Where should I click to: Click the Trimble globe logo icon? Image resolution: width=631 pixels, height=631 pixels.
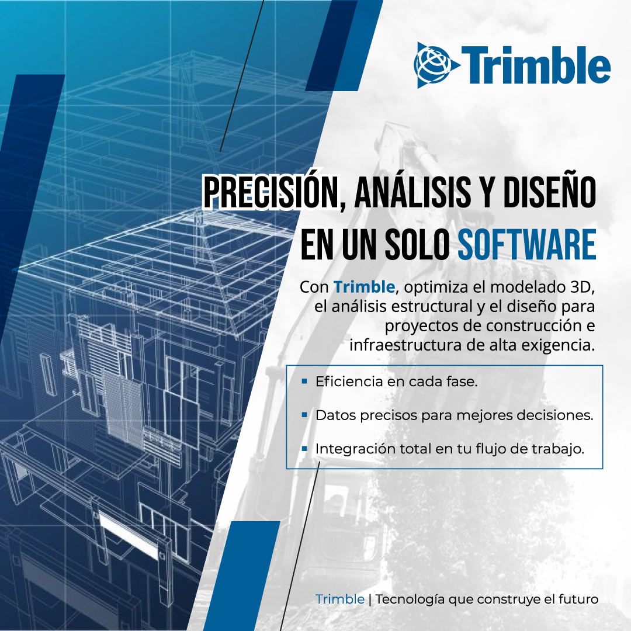tap(436, 65)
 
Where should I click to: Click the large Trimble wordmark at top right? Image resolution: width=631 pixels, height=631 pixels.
tap(536, 65)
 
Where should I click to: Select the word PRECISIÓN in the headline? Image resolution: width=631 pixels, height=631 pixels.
tap(271, 192)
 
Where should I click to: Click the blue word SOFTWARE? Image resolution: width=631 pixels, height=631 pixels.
tap(527, 244)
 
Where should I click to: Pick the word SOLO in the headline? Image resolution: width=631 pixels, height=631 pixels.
tap(417, 244)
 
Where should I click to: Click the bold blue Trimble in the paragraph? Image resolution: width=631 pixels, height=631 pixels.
tap(364, 287)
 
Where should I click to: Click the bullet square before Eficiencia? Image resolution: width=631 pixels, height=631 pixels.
tap(304, 381)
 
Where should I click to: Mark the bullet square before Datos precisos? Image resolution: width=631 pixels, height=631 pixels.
tap(304, 414)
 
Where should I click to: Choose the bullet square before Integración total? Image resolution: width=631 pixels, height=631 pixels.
tap(304, 448)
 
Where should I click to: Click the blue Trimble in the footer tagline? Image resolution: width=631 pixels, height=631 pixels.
tap(339, 599)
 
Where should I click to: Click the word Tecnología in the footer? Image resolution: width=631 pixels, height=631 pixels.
tap(410, 599)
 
